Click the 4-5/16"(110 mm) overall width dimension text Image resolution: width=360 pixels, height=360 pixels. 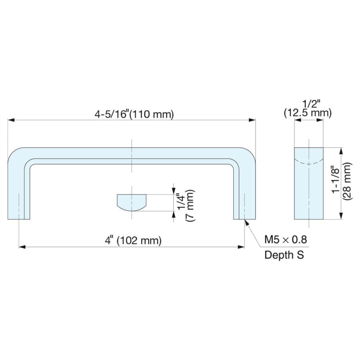tap(134, 114)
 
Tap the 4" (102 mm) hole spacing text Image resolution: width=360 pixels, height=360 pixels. tap(133, 240)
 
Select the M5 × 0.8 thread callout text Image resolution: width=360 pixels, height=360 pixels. tap(285, 240)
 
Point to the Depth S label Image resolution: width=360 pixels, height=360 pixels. tap(284, 255)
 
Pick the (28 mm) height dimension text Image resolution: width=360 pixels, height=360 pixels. tap(347, 181)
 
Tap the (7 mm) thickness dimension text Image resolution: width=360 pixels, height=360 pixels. tap(190, 205)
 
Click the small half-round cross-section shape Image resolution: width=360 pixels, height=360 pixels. tap(132, 202)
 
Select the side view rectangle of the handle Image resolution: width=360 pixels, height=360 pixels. tap(309, 183)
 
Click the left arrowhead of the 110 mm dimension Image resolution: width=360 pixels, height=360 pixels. tap(11, 120)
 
